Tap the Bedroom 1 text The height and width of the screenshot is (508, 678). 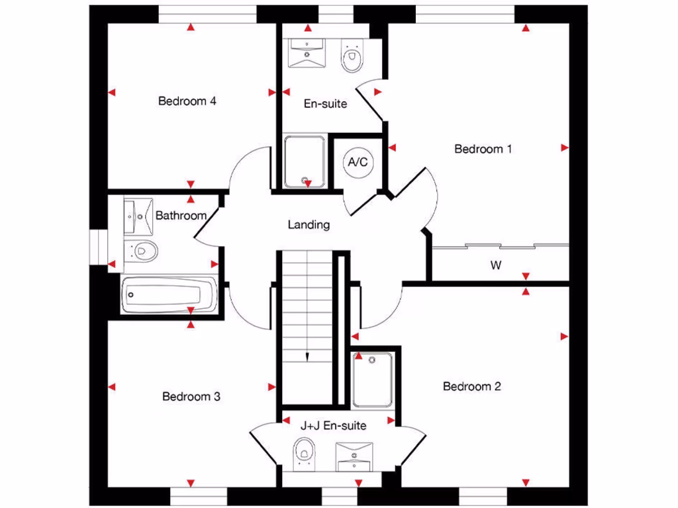tap(483, 149)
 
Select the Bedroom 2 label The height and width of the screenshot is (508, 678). tap(472, 386)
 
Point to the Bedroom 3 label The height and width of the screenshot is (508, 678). tap(191, 397)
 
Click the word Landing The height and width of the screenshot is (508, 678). tap(309, 225)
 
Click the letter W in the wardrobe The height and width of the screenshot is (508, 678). tap(495, 266)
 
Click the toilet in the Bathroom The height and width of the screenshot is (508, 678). tap(142, 251)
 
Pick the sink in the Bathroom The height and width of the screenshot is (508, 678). tap(138, 216)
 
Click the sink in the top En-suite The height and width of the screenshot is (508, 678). tap(308, 52)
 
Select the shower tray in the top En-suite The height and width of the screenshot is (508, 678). tap(305, 161)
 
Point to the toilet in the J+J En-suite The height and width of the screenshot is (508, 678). tap(304, 454)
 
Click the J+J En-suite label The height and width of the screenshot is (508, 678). tap(333, 426)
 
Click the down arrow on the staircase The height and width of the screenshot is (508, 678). tap(308, 357)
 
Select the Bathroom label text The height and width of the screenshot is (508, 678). tap(181, 216)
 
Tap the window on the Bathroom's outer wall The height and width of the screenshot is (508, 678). tap(98, 247)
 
